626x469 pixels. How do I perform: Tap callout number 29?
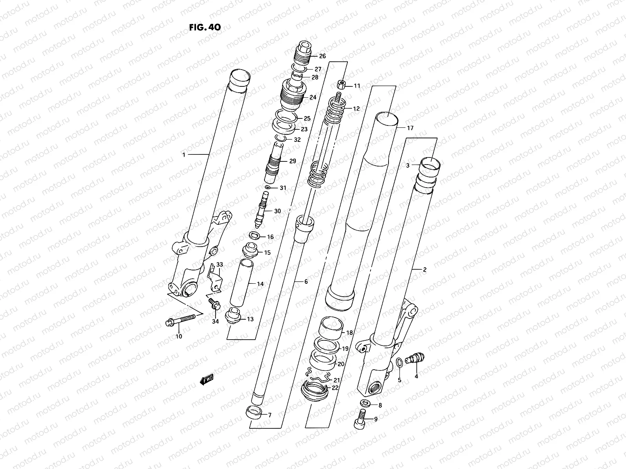(x=293, y=161)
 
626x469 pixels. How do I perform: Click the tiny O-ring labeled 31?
(x=267, y=188)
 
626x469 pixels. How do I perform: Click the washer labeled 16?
(x=255, y=236)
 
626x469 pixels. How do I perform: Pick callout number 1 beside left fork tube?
(x=183, y=155)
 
